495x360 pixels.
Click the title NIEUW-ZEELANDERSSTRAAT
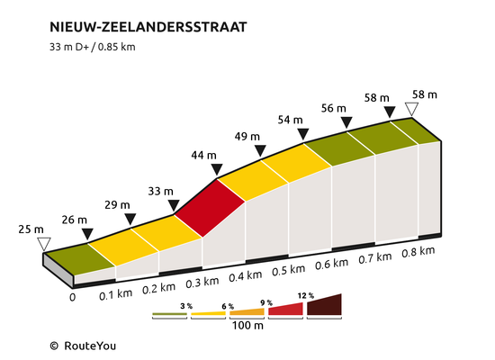tap(148, 27)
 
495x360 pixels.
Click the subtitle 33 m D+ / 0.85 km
tap(93, 47)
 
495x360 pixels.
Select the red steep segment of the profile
tap(210, 208)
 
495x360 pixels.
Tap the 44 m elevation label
tap(204, 156)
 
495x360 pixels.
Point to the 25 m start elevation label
tap(31, 229)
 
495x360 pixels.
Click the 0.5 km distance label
tap(289, 270)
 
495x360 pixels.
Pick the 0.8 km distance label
tap(418, 252)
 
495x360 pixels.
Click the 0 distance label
tap(73, 298)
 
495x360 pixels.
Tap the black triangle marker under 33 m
tap(174, 205)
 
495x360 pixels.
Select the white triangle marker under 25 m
tap(44, 244)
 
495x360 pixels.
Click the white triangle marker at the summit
tap(411, 109)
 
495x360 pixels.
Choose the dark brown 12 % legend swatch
tap(324, 305)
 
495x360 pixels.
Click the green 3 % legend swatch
tap(169, 314)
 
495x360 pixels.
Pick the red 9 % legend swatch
tap(285, 310)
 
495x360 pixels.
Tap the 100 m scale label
tap(247, 325)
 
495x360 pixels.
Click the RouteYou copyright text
tap(83, 346)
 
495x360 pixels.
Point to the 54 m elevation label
tap(291, 120)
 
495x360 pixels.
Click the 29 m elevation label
tap(117, 205)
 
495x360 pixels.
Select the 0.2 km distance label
tap(158, 289)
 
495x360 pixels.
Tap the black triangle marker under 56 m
tap(346, 122)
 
